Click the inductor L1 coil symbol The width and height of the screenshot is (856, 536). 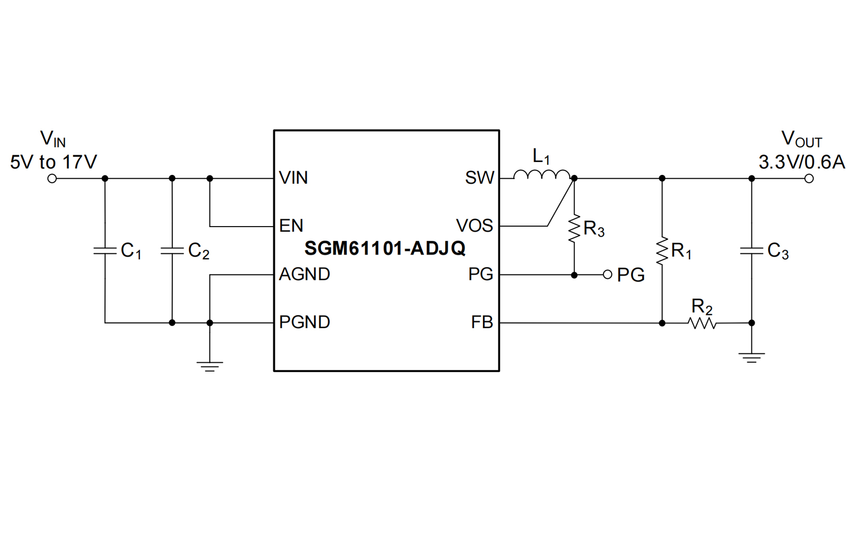click(x=542, y=176)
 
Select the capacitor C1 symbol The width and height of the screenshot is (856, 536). click(x=105, y=251)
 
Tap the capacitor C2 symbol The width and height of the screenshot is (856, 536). click(x=172, y=251)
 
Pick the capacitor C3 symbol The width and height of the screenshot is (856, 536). click(x=751, y=251)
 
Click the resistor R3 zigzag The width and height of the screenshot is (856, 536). click(x=574, y=229)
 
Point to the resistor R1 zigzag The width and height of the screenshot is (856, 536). click(x=661, y=251)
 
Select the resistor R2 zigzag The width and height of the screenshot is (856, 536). click(x=702, y=323)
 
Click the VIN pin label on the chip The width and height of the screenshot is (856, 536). click(x=293, y=178)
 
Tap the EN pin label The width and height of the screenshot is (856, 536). click(x=291, y=226)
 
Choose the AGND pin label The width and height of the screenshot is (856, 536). click(x=304, y=274)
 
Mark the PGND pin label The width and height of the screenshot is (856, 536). click(x=304, y=322)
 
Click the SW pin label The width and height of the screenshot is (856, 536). click(x=479, y=178)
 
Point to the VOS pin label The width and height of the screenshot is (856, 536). click(x=474, y=226)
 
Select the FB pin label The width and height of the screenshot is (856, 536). click(x=482, y=322)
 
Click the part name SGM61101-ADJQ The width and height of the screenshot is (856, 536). click(x=385, y=248)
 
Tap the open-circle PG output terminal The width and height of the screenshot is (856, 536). click(x=608, y=274)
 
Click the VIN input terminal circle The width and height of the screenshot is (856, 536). click(x=52, y=178)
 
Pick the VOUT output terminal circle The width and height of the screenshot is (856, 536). click(x=809, y=178)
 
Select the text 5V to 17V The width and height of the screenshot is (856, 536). click(x=53, y=162)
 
